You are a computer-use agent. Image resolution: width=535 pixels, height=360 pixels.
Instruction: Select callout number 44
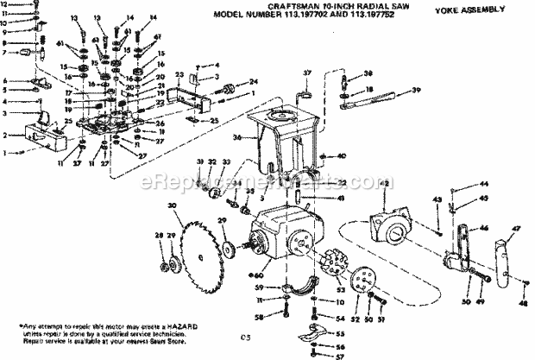pos(484,185)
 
